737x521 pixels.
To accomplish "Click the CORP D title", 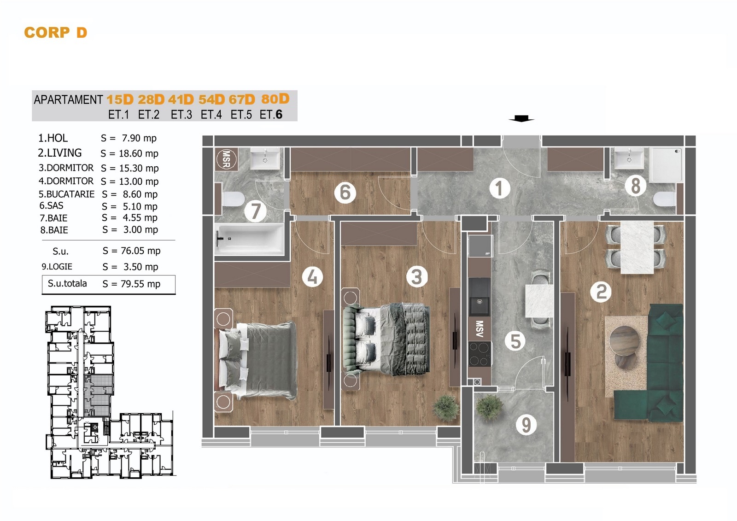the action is (x=56, y=33).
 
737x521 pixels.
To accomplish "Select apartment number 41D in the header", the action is (x=181, y=100).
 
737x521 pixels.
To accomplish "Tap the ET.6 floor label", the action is (x=271, y=115).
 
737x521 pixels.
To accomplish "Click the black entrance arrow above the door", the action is (x=521, y=118).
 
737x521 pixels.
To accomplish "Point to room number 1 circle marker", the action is (x=499, y=188).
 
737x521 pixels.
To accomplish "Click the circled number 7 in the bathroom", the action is (x=255, y=211).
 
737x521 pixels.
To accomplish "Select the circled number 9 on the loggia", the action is (x=526, y=424).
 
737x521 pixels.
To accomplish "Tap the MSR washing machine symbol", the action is (x=226, y=159).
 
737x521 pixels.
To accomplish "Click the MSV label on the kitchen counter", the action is (x=480, y=329).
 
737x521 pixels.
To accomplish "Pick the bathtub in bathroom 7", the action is (x=249, y=239).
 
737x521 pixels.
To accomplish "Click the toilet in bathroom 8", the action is (x=664, y=199).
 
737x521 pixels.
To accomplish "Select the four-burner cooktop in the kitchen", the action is (x=480, y=354).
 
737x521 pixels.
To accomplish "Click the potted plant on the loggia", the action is (x=490, y=408).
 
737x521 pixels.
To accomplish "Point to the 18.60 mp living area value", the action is (x=139, y=153).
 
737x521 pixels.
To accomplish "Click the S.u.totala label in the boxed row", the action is (x=67, y=283).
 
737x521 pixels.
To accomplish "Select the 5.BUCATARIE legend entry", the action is (x=66, y=194).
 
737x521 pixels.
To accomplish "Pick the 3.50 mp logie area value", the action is (x=140, y=267).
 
